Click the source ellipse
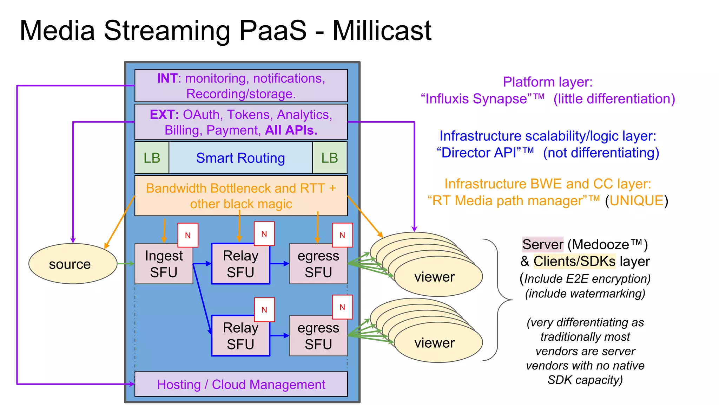click(73, 264)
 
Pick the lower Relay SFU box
click(240, 336)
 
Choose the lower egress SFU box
click(318, 336)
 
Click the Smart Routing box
click(240, 158)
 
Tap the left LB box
click(152, 158)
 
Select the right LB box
click(330, 158)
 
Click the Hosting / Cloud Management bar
click(241, 384)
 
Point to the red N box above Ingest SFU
click(188, 235)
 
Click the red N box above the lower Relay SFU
click(264, 310)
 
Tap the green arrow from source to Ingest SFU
click(126, 264)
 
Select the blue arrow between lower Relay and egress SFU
click(279, 336)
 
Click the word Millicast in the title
click(382, 31)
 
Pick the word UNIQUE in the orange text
click(636, 201)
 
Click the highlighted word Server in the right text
click(543, 244)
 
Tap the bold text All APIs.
click(291, 130)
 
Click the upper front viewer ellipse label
click(434, 277)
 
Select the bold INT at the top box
click(167, 78)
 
